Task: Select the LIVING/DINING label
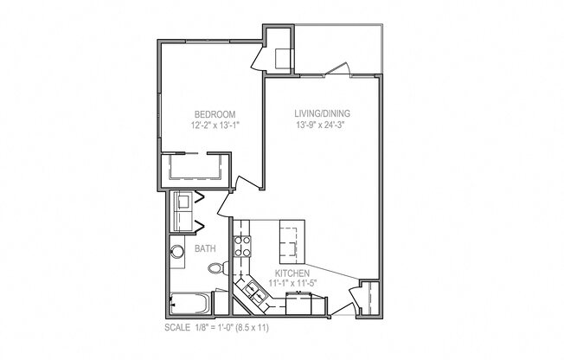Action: [322, 113]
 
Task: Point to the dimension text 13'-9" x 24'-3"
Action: [322, 125]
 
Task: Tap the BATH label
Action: [205, 248]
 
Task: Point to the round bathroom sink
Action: [178, 254]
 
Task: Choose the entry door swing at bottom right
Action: [355, 299]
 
